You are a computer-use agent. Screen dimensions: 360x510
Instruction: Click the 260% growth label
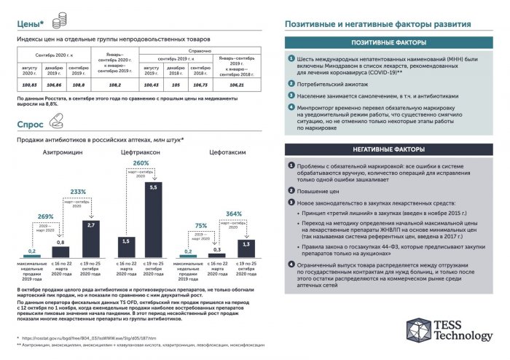pos(141,163)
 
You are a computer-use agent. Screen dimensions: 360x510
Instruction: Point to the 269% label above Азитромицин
pos(44,216)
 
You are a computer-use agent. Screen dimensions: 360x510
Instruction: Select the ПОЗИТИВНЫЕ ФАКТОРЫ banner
pos(390,43)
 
